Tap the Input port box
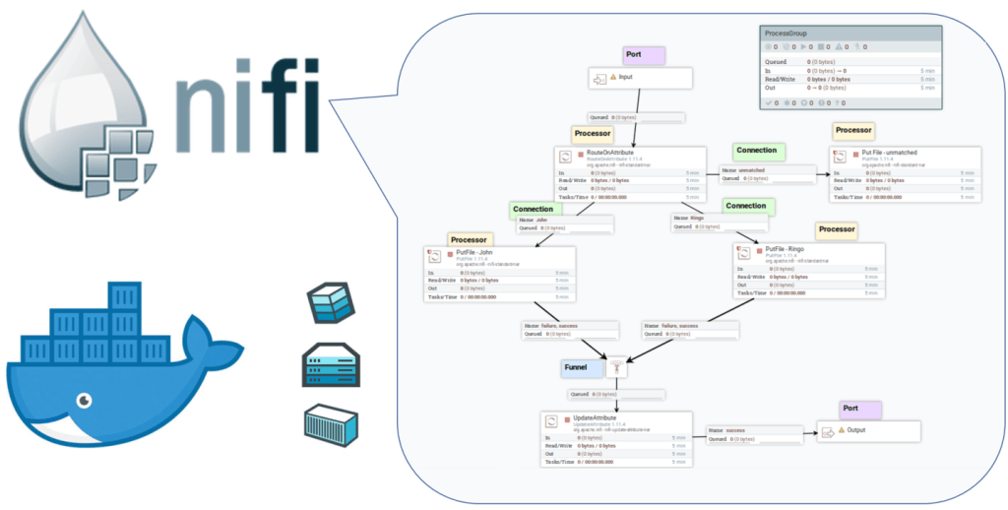(x=641, y=77)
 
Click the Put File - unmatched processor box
(x=905, y=174)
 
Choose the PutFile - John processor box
(x=499, y=274)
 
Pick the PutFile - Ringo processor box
(x=807, y=271)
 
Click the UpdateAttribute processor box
(x=616, y=440)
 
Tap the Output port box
(x=868, y=431)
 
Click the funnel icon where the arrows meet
(x=616, y=368)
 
